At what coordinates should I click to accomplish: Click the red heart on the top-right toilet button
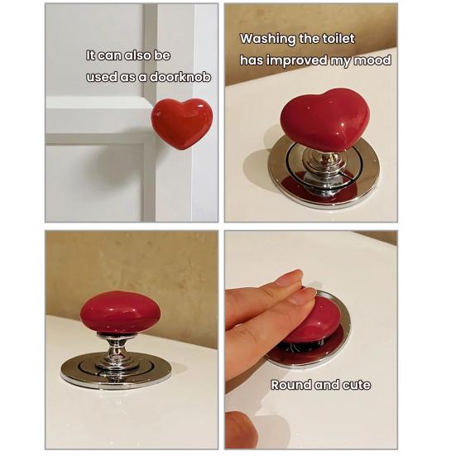tap(324, 118)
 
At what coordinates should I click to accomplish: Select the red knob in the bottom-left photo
tap(120, 312)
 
